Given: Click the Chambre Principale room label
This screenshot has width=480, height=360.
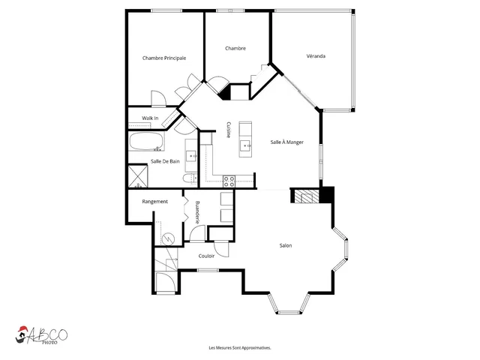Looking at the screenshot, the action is [164, 58].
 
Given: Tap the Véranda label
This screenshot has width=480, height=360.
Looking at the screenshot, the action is [316, 56].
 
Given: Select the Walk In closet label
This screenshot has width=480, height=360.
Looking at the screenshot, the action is [150, 118].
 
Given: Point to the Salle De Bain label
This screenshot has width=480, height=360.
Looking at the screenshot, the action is [165, 161].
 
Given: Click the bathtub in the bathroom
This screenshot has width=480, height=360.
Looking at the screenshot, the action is [146, 142].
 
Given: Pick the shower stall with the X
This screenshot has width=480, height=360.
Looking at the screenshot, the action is [138, 175].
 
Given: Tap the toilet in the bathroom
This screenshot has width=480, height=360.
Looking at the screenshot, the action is [189, 178].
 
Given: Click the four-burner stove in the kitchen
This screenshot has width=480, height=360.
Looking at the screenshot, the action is [229, 181].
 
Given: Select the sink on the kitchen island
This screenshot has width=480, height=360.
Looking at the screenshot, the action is [245, 145].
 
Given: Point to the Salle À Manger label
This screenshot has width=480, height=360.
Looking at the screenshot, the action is [286, 142].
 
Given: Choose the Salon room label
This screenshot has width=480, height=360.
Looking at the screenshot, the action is [286, 245].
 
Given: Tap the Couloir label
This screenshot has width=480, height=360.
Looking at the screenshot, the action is [206, 256].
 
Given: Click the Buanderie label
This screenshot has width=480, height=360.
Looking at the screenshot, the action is [197, 212].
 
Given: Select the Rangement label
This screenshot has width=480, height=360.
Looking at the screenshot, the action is [155, 202].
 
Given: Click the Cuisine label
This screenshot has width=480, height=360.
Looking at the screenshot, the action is [228, 130].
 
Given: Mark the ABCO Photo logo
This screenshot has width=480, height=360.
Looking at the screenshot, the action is [41, 335].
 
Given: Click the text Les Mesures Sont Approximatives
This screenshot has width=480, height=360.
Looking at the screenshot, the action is [240, 348].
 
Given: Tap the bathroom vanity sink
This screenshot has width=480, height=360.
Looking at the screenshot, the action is [192, 156].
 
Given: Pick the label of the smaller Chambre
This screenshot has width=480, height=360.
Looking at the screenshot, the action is [235, 48].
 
